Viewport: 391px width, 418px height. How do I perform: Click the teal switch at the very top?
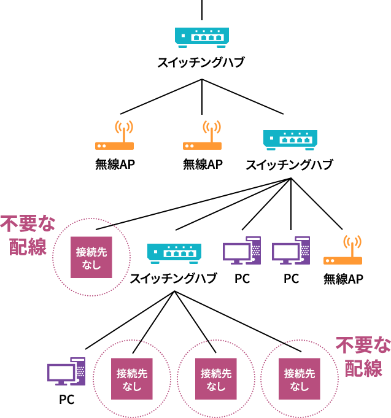201,36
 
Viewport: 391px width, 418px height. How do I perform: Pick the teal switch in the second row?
290,139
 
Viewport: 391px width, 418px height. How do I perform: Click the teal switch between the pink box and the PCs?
174,252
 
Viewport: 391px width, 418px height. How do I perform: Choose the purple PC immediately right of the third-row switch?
241,251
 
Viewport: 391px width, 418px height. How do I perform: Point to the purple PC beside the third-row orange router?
290,251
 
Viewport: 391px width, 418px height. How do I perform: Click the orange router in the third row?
343,260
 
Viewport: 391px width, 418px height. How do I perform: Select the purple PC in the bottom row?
66,372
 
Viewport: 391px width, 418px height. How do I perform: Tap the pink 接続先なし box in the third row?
91,257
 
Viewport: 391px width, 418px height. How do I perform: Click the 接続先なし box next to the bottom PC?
132,379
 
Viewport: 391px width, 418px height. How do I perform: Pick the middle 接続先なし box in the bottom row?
216,379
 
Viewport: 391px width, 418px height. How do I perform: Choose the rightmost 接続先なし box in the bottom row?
300,379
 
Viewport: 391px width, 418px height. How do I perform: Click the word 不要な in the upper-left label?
28,223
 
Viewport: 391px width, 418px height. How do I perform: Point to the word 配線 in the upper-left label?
28,247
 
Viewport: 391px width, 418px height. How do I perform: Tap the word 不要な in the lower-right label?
363,345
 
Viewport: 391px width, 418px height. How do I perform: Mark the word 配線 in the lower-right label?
363,368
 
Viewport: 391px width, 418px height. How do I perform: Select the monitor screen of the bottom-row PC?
61,372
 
